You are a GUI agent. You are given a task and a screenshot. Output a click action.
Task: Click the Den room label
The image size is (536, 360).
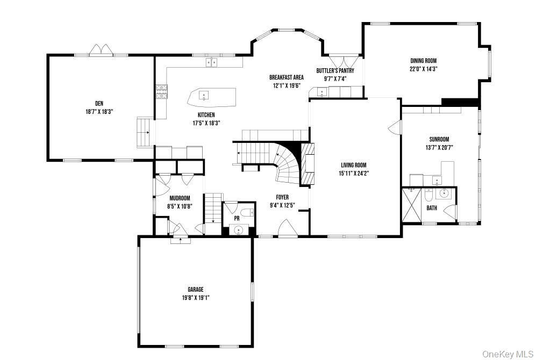coord(99,103)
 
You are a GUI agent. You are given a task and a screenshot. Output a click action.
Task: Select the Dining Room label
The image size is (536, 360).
coord(423,61)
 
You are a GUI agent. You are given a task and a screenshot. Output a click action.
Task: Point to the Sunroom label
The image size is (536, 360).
coord(439,139)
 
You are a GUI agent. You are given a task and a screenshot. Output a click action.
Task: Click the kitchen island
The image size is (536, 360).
coord(212,97)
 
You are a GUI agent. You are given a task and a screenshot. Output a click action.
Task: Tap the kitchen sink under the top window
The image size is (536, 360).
coord(211,63)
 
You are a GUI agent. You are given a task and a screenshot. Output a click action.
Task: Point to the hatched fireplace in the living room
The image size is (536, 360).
coord(307,164)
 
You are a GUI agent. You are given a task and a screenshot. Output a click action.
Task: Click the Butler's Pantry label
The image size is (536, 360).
coord(335,70)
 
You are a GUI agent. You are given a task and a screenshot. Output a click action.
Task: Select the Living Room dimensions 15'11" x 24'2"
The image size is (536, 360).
coord(354,173)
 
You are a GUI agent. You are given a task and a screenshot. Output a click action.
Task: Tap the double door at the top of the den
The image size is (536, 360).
coord(101,51)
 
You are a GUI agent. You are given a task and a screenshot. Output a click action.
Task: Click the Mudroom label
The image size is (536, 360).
coord(180,198)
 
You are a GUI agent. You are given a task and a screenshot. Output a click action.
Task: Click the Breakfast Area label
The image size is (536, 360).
coord(287,77)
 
